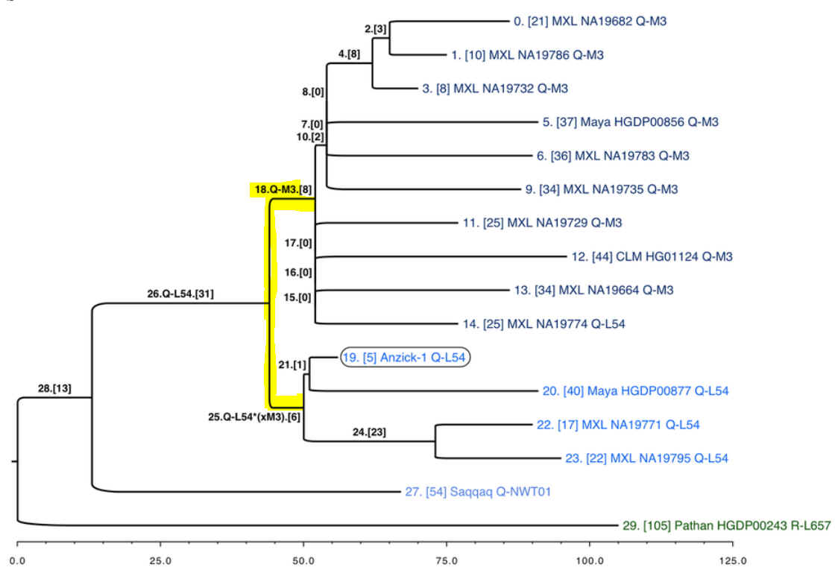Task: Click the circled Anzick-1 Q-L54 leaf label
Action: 404,358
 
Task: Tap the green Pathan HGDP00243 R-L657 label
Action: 725,525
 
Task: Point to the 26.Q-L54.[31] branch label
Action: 180,294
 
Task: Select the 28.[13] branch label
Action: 55,388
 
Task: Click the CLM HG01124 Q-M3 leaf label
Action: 652,257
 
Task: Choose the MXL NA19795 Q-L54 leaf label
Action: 646,458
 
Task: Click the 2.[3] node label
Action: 376,29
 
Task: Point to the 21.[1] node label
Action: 292,364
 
